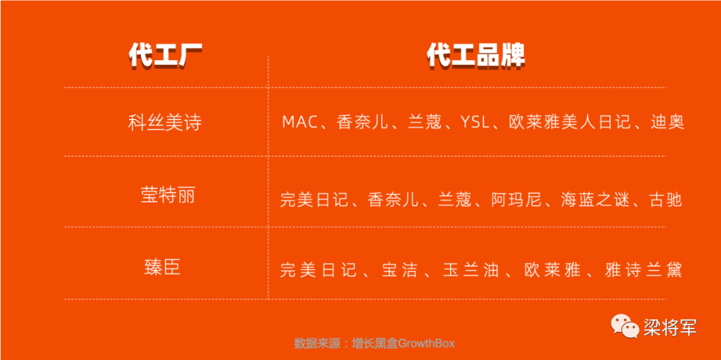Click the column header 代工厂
point(166,57)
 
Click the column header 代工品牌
point(476,57)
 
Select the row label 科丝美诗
point(165,123)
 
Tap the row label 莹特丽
point(168,196)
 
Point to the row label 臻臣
point(162,267)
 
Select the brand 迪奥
point(668,122)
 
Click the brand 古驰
point(665,200)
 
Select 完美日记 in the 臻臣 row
point(318,270)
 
